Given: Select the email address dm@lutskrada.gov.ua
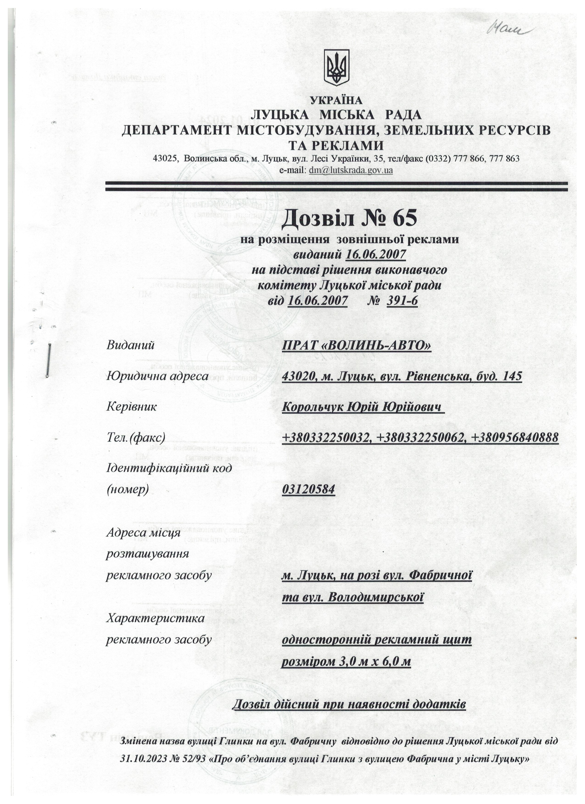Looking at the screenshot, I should [x=351, y=170].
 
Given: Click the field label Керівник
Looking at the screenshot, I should [x=131, y=407].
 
